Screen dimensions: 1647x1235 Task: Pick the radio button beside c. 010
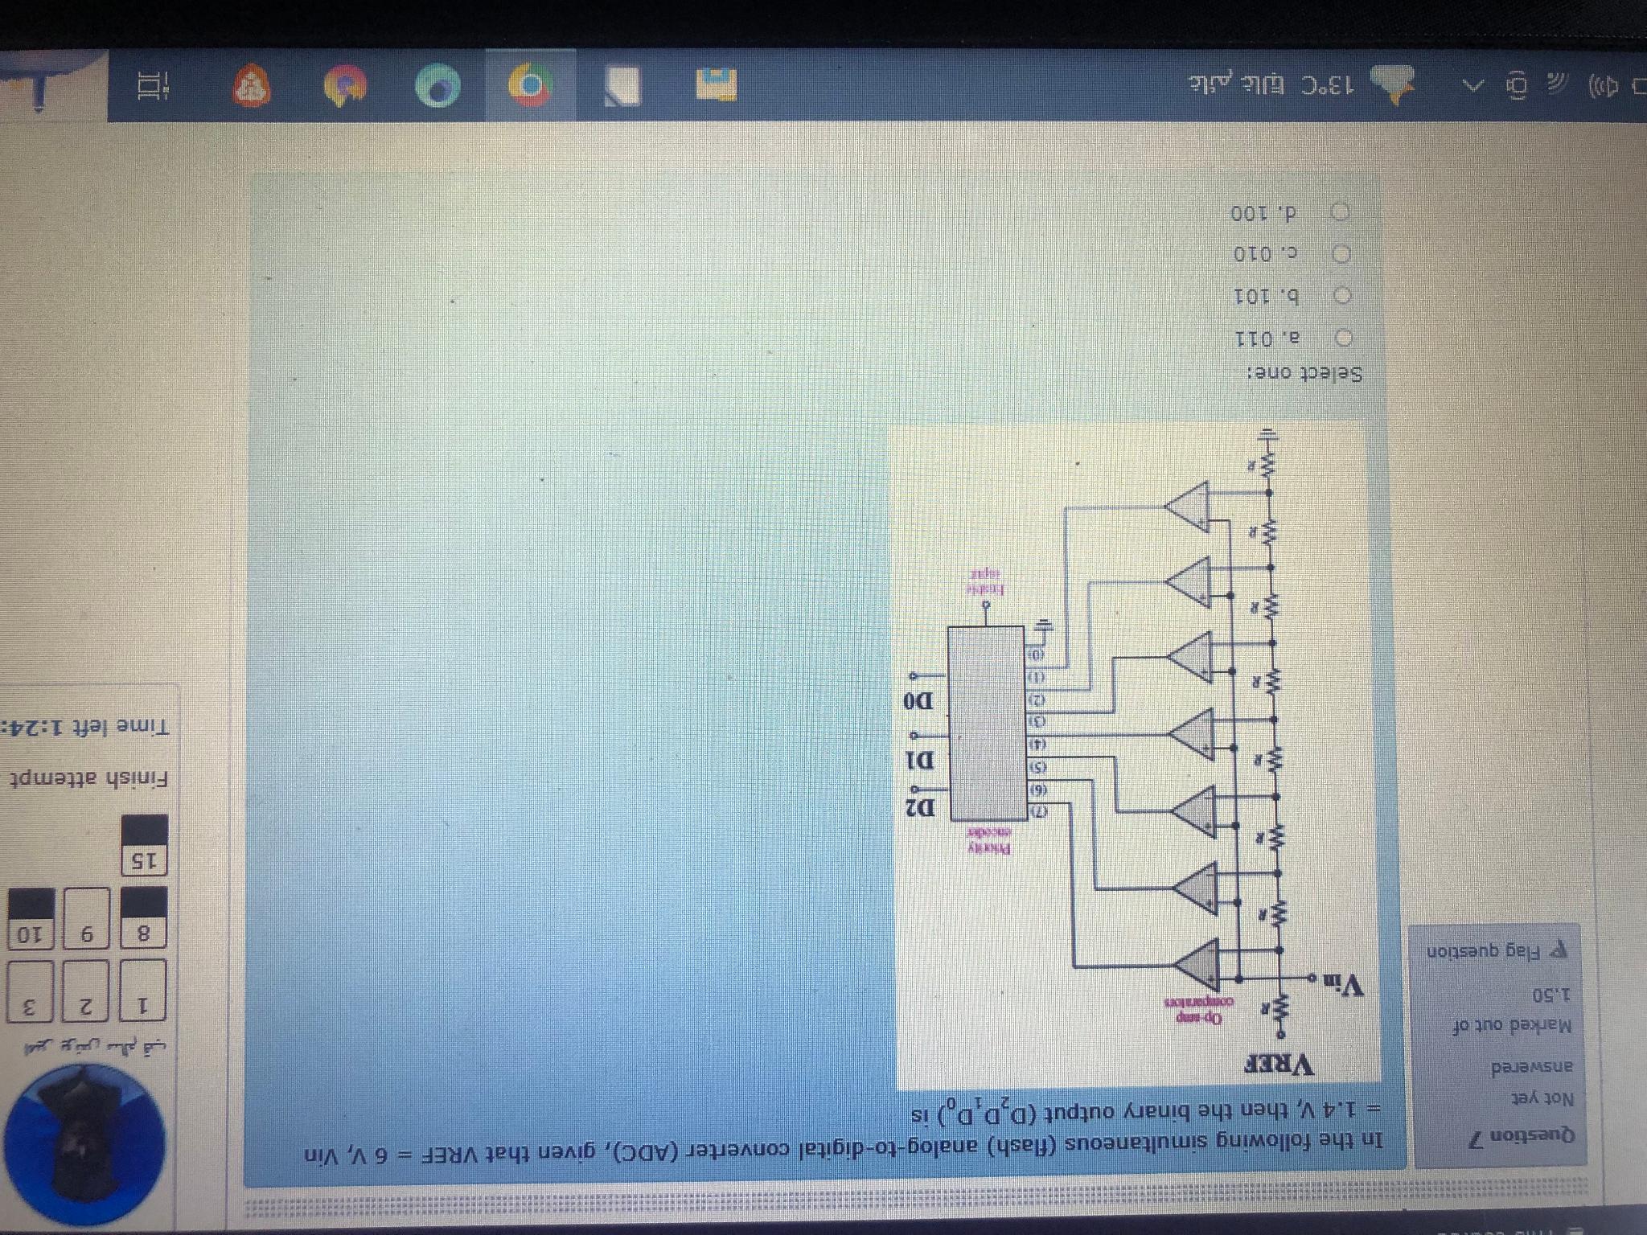click(x=1341, y=254)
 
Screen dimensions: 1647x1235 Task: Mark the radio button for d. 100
click(x=1341, y=212)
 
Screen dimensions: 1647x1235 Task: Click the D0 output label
click(x=918, y=701)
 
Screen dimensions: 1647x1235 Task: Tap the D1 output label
click(x=919, y=758)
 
